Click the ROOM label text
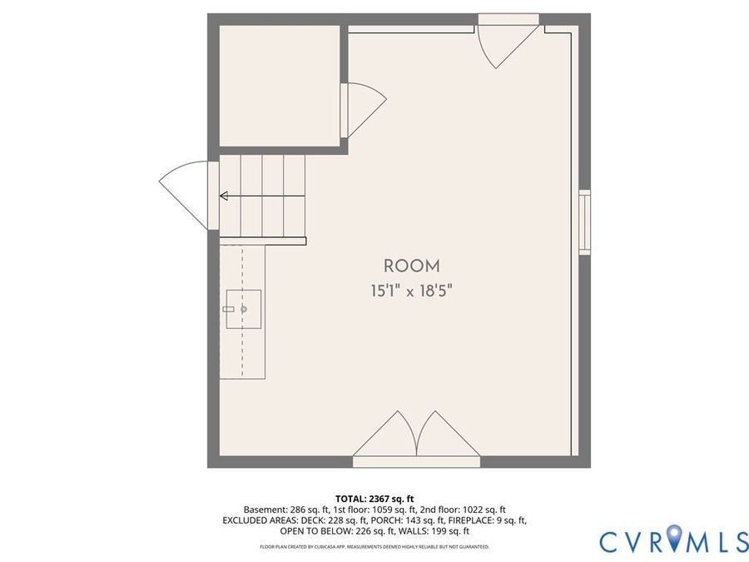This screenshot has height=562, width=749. click(x=411, y=266)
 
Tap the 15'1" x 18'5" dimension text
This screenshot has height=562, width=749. click(x=411, y=291)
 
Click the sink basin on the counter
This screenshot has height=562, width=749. click(x=244, y=309)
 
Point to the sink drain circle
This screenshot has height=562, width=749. click(x=244, y=309)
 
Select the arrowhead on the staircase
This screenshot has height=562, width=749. click(x=224, y=196)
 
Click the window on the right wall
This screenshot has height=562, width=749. click(x=585, y=221)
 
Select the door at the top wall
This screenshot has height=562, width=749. click(x=508, y=44)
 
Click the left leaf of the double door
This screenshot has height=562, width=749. click(x=385, y=434)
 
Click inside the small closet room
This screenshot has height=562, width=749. click(x=280, y=86)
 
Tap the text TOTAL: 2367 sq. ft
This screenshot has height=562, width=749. click(x=374, y=500)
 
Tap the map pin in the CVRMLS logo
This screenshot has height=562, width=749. click(x=674, y=537)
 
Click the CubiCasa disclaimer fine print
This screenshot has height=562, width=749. click(x=374, y=547)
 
